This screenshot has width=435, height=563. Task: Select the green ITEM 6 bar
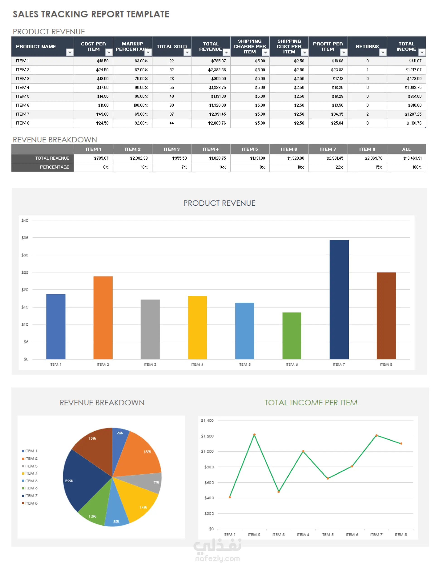pyautogui.click(x=292, y=335)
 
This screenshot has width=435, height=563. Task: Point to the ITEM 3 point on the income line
pyautogui.click(x=278, y=492)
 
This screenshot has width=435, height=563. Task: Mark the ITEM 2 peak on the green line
pyautogui.click(x=254, y=435)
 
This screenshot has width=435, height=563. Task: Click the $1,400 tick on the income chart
pyautogui.click(x=207, y=420)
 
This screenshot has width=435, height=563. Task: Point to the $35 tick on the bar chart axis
pyautogui.click(x=25, y=238)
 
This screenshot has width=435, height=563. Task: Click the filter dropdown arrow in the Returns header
pyautogui.click(x=383, y=53)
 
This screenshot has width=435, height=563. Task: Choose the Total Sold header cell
pyautogui.click(x=172, y=46)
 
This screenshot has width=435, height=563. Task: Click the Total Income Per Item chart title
pyautogui.click(x=311, y=402)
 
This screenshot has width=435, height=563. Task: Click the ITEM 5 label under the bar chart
pyautogui.click(x=244, y=365)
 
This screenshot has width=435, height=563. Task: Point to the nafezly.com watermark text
pyautogui.click(x=217, y=559)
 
